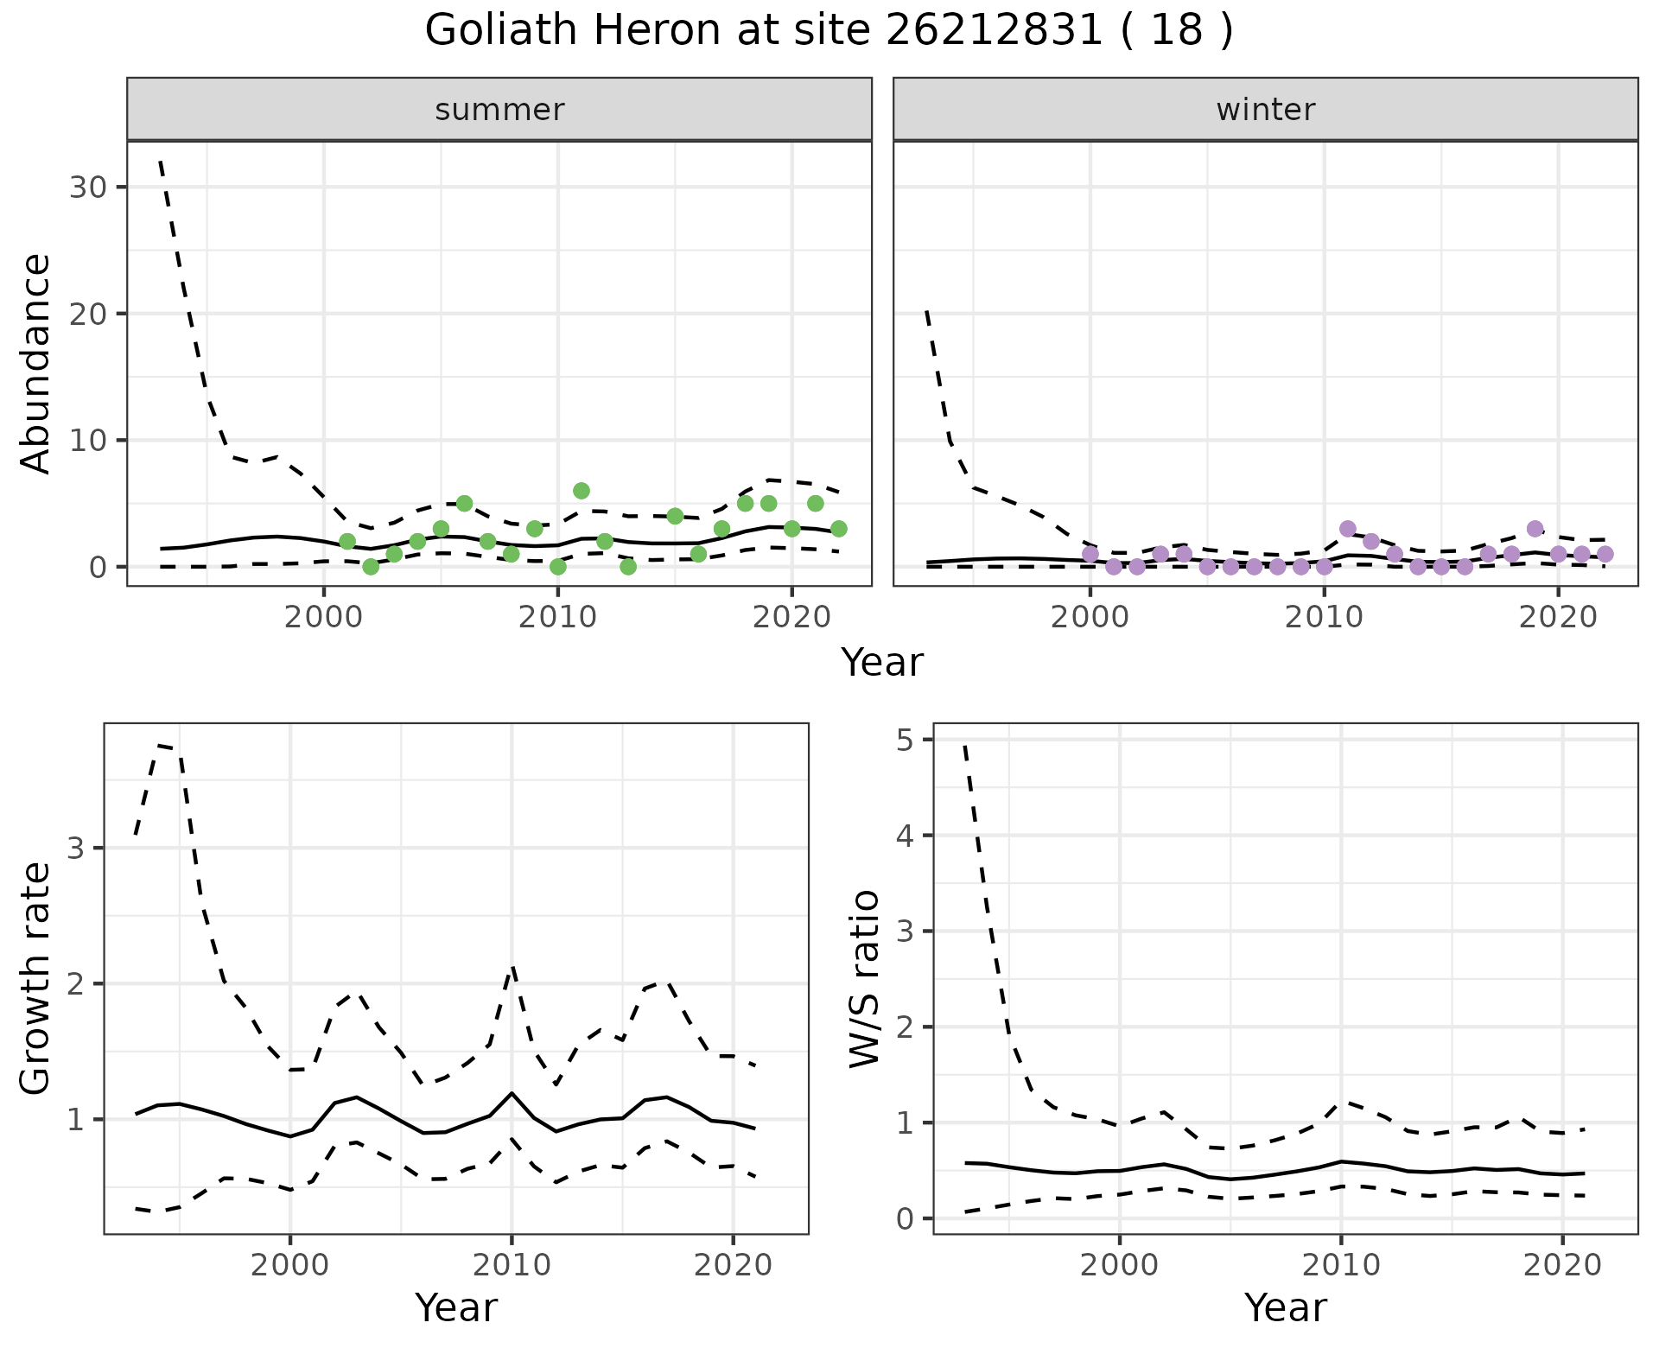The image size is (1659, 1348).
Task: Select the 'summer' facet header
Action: [499, 110]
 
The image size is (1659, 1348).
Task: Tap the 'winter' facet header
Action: [1265, 110]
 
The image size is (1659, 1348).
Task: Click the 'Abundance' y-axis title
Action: [36, 363]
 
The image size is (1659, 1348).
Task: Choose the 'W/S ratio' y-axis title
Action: [865, 978]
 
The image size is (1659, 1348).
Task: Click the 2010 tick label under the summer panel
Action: [557, 618]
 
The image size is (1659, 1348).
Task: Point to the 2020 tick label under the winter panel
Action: [1557, 618]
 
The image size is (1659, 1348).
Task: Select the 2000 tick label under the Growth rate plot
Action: [290, 1266]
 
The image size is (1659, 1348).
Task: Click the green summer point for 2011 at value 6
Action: [581, 491]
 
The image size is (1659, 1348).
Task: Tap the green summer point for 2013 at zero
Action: [628, 567]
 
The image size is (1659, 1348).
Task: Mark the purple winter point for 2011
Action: [1347, 529]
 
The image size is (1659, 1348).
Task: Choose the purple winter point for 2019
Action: [1535, 529]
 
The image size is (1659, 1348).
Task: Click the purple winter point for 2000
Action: [1090, 554]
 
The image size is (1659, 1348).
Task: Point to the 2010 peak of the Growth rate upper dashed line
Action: [512, 968]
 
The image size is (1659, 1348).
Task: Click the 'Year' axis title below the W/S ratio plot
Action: [1285, 1307]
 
